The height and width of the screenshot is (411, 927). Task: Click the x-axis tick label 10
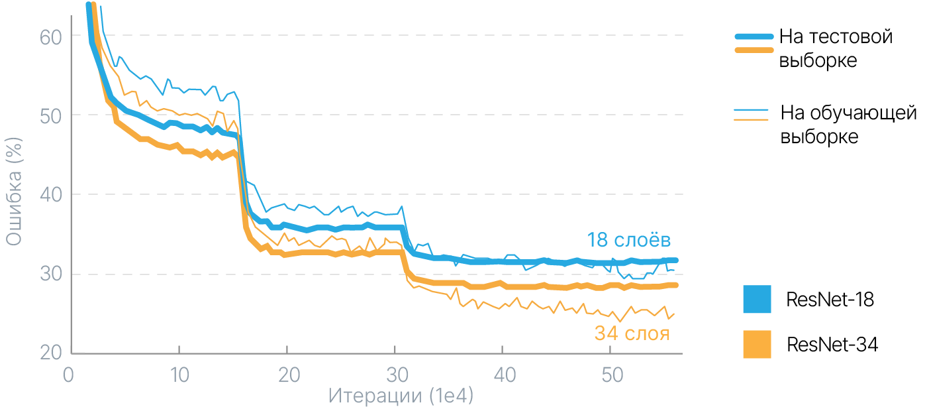pos(179,375)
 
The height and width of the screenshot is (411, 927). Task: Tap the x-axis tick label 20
pos(287,375)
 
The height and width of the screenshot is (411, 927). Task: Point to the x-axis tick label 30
pos(395,375)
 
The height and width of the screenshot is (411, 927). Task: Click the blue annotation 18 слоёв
pos(629,239)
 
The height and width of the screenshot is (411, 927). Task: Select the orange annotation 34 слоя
pos(631,333)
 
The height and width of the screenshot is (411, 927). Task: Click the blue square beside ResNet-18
pos(757,299)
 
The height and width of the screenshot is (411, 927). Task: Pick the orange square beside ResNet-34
pos(757,344)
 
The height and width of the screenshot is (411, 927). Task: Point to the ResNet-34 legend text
pos(832,345)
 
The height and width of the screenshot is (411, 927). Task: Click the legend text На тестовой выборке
pos(836,48)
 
